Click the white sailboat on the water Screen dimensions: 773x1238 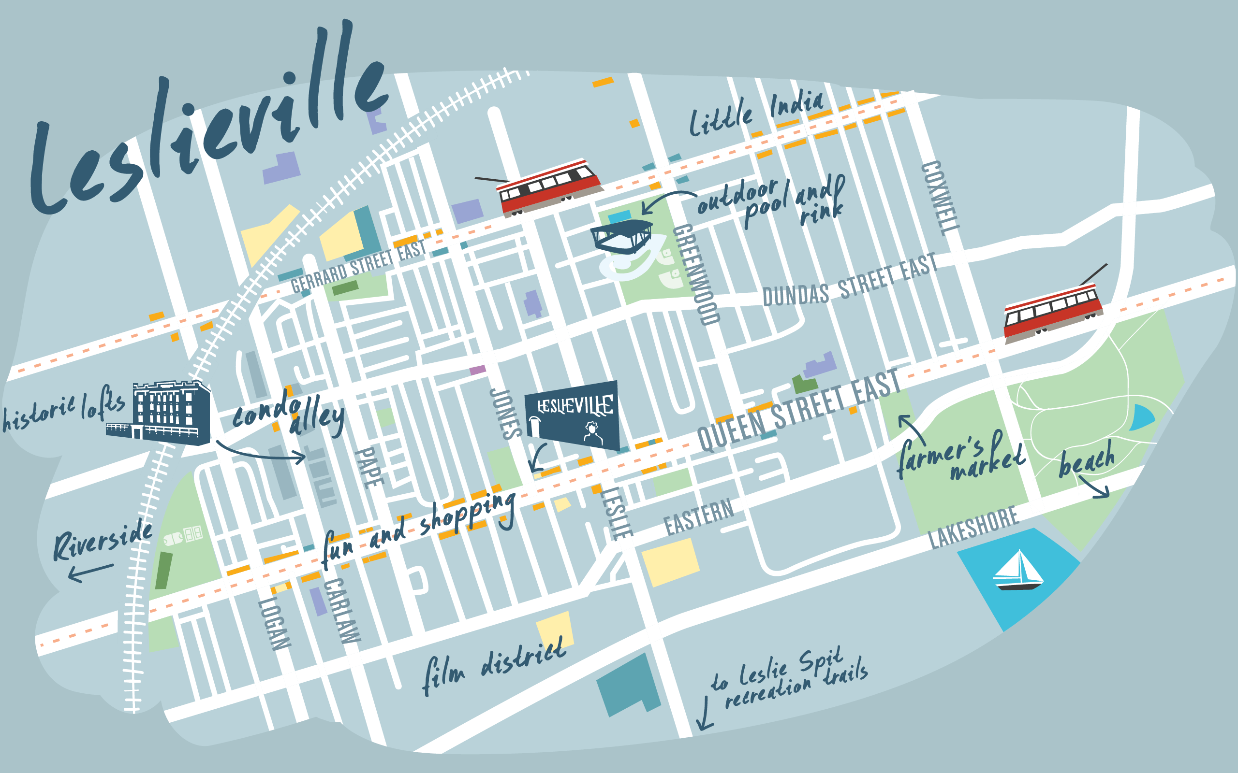1017,571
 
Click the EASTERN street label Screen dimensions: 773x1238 699,517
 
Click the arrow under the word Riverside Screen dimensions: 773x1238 90,573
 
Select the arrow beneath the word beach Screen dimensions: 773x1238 1095,488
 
